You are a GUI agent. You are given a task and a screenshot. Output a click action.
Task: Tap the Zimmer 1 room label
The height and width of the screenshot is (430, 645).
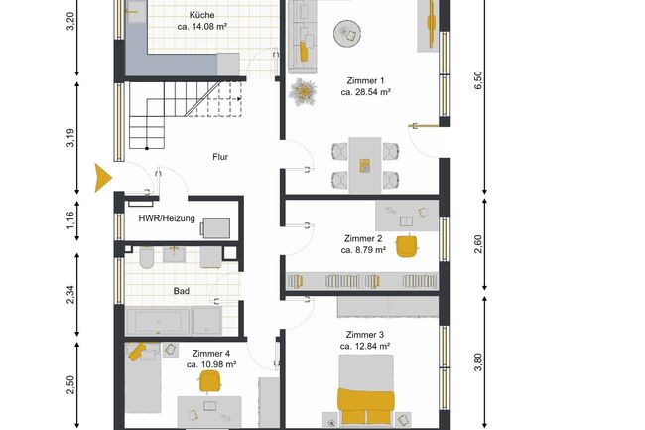[365, 80]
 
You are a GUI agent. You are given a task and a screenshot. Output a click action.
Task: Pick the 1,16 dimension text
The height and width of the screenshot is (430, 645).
[70, 219]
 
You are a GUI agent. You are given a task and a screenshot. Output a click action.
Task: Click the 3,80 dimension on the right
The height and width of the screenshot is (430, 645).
[478, 361]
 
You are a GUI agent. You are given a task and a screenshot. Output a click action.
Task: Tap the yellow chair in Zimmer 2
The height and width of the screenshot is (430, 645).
[406, 245]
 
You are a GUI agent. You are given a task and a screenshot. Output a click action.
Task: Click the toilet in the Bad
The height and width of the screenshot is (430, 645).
[145, 259]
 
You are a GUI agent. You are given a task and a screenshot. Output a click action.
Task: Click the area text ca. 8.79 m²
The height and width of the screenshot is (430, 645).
[364, 251]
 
